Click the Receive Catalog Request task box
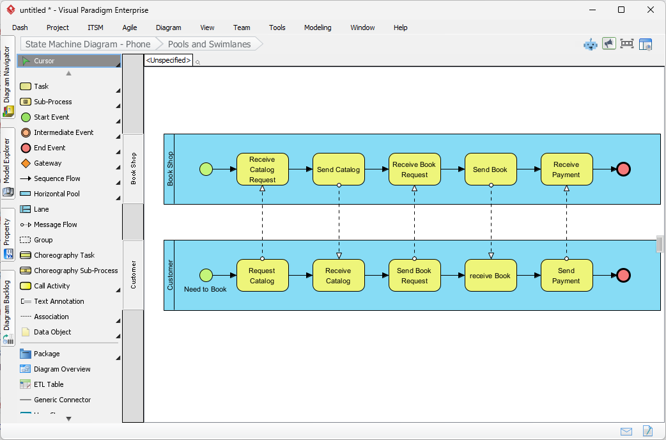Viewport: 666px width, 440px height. (x=262, y=169)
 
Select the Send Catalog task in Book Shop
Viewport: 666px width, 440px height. (x=338, y=169)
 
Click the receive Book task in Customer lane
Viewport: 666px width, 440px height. (x=490, y=276)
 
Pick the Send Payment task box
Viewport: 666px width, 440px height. (x=566, y=276)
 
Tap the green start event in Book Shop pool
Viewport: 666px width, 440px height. (x=206, y=169)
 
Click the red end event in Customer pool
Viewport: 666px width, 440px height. (x=624, y=276)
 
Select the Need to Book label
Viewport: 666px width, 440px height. (x=205, y=289)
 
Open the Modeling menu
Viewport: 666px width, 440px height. (x=318, y=27)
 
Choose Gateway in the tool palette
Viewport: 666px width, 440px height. (x=48, y=163)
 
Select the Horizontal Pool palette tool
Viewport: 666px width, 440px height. (x=56, y=194)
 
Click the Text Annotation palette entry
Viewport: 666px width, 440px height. (x=59, y=301)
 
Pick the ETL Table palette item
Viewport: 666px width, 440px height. (x=49, y=384)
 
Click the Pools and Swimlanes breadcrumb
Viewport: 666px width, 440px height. (x=209, y=44)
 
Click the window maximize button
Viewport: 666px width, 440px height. (x=621, y=10)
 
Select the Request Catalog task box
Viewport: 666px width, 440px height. (x=262, y=276)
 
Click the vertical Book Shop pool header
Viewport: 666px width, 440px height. (x=169, y=169)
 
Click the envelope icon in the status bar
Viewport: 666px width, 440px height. (x=626, y=432)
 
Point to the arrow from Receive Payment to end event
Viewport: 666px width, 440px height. (x=604, y=169)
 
